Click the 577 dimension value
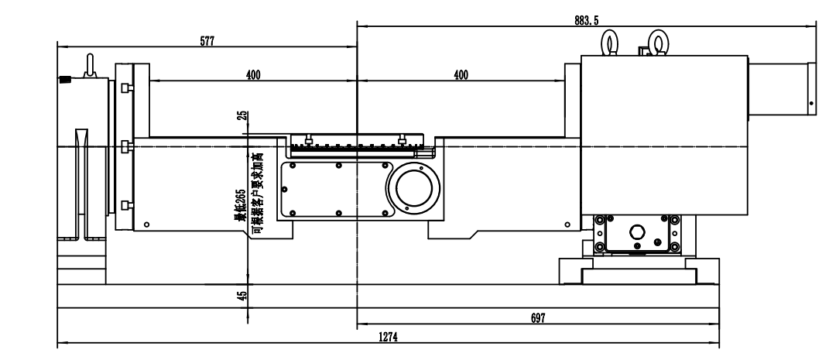pos(207,41)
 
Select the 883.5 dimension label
pos(586,21)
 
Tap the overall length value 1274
pos(388,338)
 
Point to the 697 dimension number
pos(538,317)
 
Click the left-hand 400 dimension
pos(253,75)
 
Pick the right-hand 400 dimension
pos(461,75)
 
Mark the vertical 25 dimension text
pos(243,115)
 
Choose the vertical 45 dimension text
pos(243,296)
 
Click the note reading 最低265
pos(241,204)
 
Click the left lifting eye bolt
pos(611,43)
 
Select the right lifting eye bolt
pos(656,43)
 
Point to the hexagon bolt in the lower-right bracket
pos(636,232)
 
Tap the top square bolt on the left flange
pos(126,88)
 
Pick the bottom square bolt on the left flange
pos(126,205)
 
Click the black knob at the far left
pos(64,80)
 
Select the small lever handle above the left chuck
pos(90,65)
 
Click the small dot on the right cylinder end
pos(811,103)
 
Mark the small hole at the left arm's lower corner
pos(146,225)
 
